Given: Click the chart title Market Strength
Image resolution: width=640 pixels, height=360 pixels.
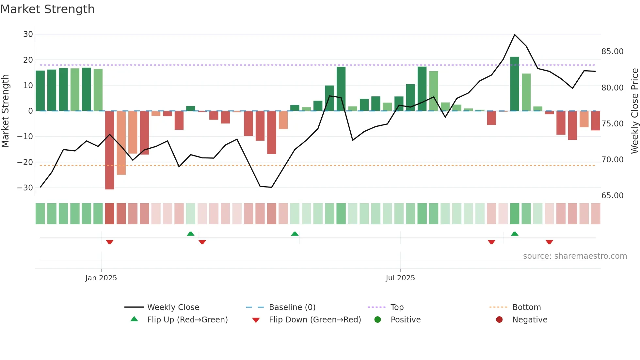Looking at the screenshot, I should tap(47, 9).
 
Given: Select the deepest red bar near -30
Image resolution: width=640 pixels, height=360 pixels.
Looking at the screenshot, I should tap(110, 150).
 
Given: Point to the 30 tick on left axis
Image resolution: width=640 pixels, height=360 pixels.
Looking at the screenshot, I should tap(28, 34).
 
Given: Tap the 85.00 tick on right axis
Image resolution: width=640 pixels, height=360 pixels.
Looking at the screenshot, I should tap(612, 52).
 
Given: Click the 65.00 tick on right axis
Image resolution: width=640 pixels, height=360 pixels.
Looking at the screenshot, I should tap(612, 195).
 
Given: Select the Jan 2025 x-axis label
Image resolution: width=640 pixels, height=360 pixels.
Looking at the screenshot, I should tap(101, 278).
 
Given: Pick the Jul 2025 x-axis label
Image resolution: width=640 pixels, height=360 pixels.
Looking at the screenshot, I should tap(400, 278).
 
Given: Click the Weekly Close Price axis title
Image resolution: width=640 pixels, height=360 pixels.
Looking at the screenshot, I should tap(634, 111).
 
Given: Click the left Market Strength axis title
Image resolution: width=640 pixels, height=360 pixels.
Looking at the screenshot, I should tap(6, 111).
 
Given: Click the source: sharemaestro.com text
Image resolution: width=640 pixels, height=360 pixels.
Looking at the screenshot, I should tap(575, 256).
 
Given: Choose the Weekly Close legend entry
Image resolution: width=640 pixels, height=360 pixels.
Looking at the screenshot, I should tap(173, 307).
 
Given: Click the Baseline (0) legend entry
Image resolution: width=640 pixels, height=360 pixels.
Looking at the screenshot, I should tap(292, 307).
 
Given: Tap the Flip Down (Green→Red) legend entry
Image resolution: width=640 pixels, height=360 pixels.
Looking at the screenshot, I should tap(315, 319).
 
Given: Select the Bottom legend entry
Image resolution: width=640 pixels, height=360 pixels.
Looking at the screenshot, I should tap(526, 307).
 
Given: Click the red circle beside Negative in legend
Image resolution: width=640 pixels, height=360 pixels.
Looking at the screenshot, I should tap(499, 319).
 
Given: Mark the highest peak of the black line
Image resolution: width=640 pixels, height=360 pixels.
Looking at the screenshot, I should tap(515, 35).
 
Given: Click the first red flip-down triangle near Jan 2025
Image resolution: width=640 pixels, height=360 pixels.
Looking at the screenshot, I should tap(110, 242).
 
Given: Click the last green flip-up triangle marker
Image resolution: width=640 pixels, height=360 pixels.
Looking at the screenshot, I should tap(515, 234).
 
